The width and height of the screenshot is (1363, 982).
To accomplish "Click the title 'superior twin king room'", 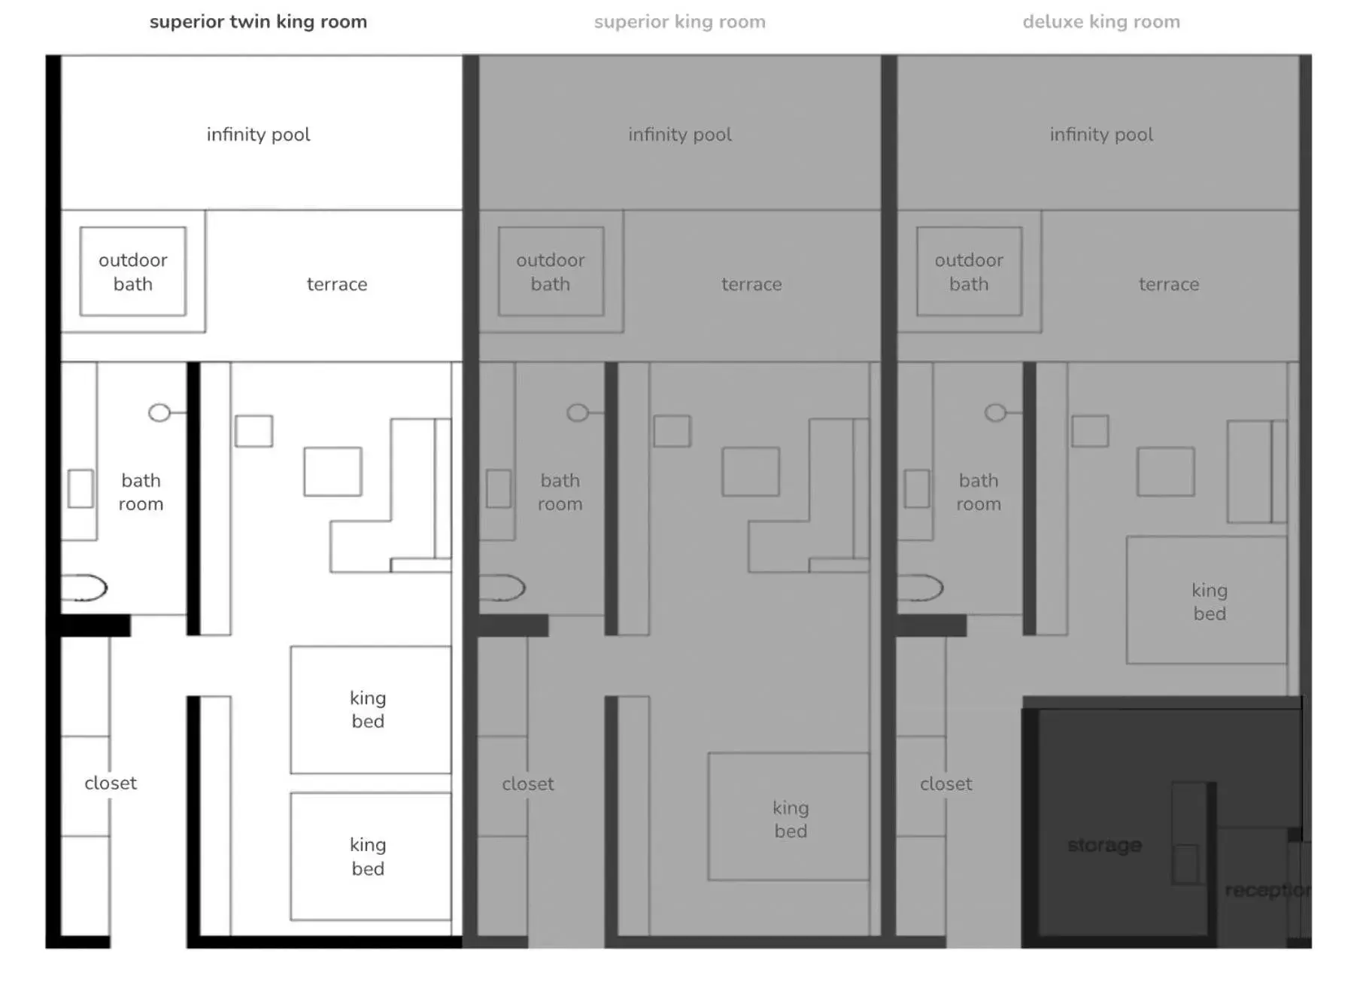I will click(258, 22).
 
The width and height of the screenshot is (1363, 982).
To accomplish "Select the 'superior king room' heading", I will click(679, 22).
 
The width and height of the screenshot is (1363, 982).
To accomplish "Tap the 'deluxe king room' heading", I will click(1100, 22).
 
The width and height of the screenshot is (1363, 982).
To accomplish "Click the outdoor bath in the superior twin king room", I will click(133, 272).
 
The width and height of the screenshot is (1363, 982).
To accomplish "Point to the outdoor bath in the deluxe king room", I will click(969, 272).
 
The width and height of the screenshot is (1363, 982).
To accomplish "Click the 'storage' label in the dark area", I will click(1104, 845).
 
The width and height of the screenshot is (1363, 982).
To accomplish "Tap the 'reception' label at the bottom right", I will click(1267, 890).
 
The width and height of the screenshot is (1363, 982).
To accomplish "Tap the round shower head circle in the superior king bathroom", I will click(577, 412).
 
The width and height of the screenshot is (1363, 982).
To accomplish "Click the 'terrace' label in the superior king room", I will click(751, 284).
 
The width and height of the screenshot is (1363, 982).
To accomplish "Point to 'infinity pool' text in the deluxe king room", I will click(1100, 135).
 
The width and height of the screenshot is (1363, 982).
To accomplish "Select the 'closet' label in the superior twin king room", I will click(111, 783).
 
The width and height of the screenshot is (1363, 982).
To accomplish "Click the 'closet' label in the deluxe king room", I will click(946, 784).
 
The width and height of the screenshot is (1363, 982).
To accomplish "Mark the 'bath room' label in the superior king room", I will click(560, 492).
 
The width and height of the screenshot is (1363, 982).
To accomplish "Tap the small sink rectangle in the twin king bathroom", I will click(80, 488).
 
